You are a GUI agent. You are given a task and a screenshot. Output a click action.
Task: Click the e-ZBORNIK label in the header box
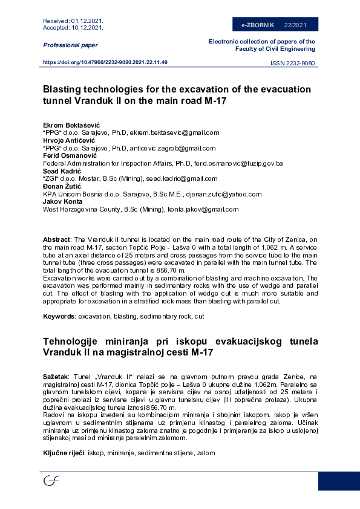[258, 25]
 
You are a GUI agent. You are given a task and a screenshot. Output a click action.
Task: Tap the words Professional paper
[70, 45]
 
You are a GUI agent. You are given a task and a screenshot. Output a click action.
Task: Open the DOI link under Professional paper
[105, 62]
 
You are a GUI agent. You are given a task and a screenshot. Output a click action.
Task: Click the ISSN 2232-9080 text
[292, 63]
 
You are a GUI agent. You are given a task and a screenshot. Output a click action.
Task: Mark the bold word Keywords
[58, 317]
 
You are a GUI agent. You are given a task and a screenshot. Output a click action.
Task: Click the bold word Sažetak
[56, 376]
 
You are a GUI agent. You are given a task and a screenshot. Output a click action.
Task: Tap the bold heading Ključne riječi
[63, 452]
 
